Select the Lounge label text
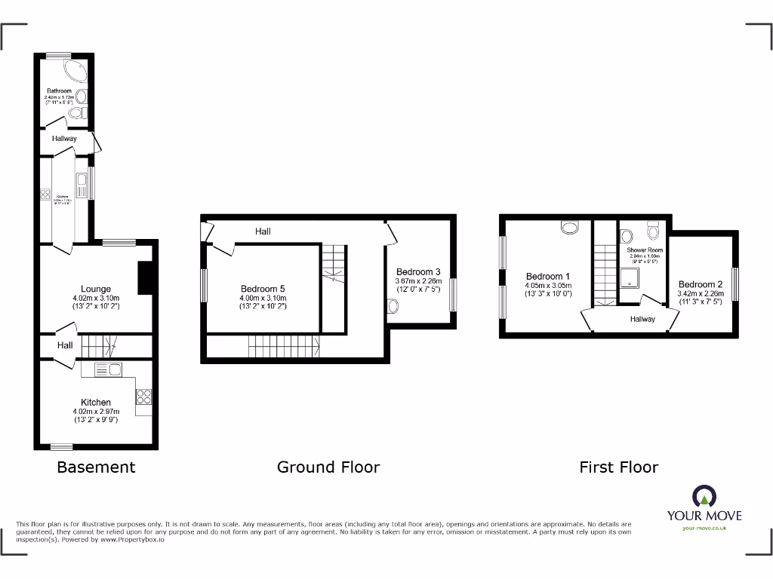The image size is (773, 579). click(96, 289)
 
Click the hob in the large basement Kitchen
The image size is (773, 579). click(143, 397)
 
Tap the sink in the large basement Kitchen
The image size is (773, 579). click(109, 369)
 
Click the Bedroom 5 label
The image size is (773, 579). click(263, 289)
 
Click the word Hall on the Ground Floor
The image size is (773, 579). click(263, 231)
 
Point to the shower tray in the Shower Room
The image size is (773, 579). click(628, 281)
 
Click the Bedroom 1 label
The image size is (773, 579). click(548, 277)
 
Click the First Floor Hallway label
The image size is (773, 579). click(643, 319)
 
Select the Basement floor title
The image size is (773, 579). click(96, 467)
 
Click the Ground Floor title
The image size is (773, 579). click(328, 467)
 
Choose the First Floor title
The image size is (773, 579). click(618, 467)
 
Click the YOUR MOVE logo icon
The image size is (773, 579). click(704, 496)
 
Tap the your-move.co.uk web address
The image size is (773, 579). click(704, 528)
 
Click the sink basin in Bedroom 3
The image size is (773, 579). click(393, 306)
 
